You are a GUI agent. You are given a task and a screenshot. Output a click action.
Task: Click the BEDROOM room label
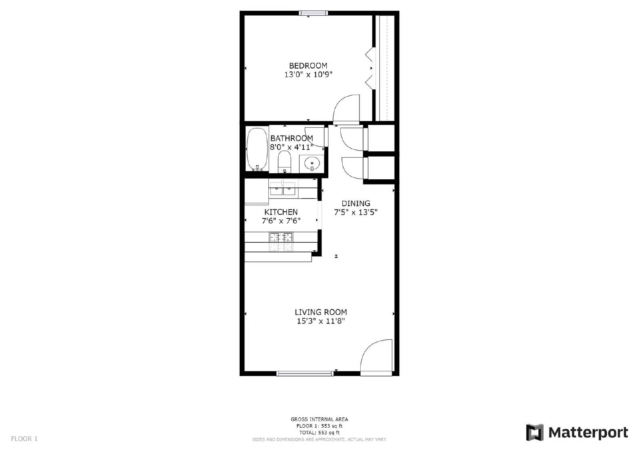click(308, 65)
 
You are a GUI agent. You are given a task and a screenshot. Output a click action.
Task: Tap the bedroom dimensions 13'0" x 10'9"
click(308, 75)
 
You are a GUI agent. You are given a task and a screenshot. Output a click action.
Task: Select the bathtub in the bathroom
click(257, 149)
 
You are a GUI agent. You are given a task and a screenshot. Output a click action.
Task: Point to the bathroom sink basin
click(312, 163)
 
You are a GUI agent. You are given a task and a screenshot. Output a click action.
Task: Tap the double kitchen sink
click(282, 188)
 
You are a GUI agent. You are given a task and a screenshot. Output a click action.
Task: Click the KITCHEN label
click(281, 212)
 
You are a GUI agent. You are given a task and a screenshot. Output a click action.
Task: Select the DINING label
click(356, 203)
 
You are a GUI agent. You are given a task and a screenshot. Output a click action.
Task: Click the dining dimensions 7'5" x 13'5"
click(356, 212)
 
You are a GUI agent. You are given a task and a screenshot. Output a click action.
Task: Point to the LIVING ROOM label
click(321, 312)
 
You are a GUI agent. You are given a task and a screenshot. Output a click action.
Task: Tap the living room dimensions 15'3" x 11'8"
click(321, 321)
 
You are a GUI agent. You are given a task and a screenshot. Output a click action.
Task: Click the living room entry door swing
click(377, 357)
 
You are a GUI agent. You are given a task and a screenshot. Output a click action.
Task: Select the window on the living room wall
click(305, 373)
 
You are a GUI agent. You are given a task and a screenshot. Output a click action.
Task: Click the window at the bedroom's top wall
click(314, 13)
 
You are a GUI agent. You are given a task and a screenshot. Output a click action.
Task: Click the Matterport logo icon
click(535, 432)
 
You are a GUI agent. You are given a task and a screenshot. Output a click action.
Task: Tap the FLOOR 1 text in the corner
click(24, 439)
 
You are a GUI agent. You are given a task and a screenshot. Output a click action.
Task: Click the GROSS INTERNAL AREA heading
click(319, 419)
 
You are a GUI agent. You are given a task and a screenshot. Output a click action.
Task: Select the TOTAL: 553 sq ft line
click(319, 432)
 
